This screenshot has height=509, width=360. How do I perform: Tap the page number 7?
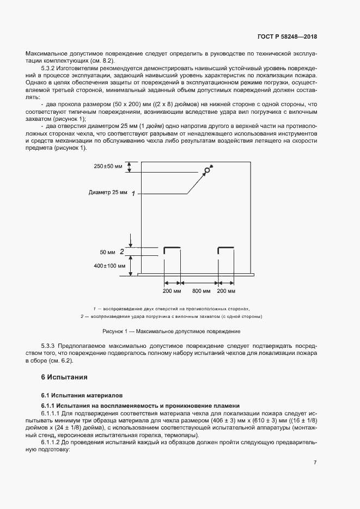pyautogui.click(x=315, y=462)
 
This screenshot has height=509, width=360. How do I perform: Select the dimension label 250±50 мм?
pyautogui.click(x=108, y=165)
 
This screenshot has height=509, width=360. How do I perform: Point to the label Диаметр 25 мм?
pyautogui.click(x=107, y=193)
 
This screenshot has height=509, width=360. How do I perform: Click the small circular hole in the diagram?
pyautogui.click(x=207, y=170)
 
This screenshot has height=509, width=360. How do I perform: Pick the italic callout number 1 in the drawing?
pyautogui.click(x=133, y=193)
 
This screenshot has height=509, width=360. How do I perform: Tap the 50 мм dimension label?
pyautogui.click(x=108, y=252)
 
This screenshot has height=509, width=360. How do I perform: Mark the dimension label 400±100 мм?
pyautogui.click(x=109, y=266)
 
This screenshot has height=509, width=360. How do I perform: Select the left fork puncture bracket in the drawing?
pyautogui.click(x=172, y=249)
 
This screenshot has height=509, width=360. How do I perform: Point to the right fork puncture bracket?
pyautogui.click(x=226, y=249)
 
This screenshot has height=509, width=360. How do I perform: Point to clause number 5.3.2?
pyautogui.click(x=50, y=68)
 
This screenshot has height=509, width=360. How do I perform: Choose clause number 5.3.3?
pyautogui.click(x=50, y=346)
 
